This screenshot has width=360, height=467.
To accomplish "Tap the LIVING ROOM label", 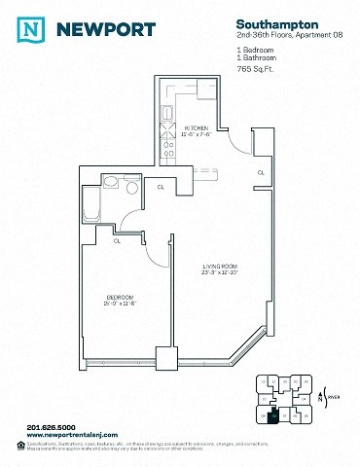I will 219,266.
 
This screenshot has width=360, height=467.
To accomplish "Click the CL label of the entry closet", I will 260,172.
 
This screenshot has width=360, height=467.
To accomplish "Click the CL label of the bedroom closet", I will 117,240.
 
